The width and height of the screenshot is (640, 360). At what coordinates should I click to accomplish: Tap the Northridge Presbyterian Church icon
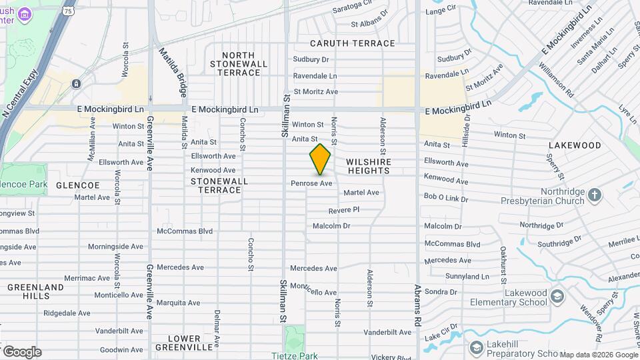pos(594,194)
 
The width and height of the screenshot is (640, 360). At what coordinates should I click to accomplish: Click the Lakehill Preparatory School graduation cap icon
pos(476,347)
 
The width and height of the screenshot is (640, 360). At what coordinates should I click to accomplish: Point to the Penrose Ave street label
pos(311,183)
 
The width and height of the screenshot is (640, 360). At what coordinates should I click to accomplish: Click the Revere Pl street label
pos(343,209)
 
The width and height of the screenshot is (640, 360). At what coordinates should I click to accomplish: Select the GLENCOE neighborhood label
pos(77,185)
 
